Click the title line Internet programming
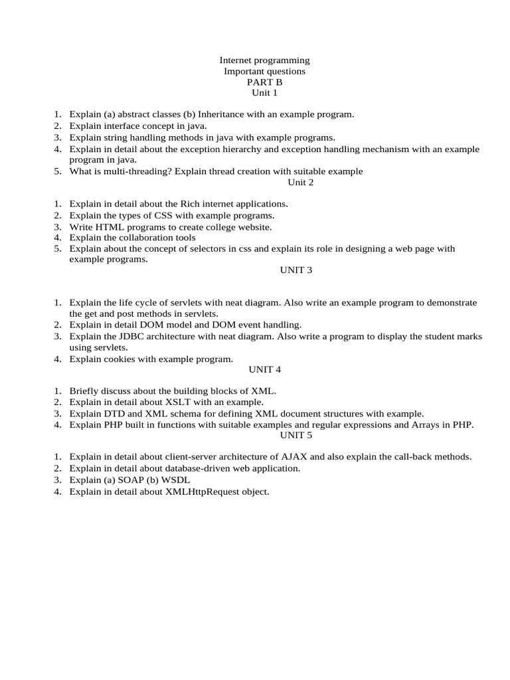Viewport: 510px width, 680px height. [264, 60]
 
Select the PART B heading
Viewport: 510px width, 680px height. [264, 82]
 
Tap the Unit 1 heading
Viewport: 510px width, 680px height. [264, 93]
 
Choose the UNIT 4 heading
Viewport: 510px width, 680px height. [264, 369]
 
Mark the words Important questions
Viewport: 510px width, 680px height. [264, 71]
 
